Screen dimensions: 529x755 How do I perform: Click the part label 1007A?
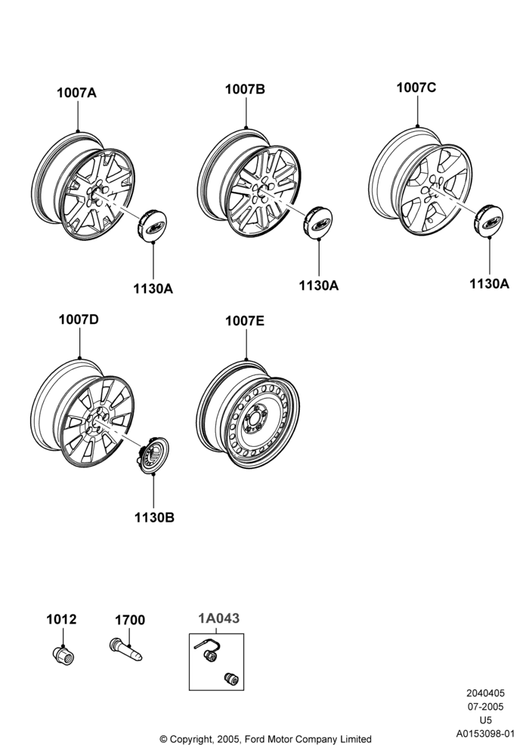click(x=76, y=92)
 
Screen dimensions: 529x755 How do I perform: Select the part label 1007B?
click(x=245, y=89)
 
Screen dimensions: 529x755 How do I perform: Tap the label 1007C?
click(x=416, y=88)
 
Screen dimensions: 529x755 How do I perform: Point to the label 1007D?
click(x=79, y=319)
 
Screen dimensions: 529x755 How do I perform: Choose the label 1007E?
click(x=245, y=321)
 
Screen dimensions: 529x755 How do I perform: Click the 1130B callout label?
click(x=154, y=518)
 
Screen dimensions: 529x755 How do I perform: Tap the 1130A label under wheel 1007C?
click(x=489, y=284)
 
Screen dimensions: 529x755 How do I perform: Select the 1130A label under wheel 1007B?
click(x=318, y=285)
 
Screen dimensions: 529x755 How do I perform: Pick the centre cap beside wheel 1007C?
click(x=488, y=221)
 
